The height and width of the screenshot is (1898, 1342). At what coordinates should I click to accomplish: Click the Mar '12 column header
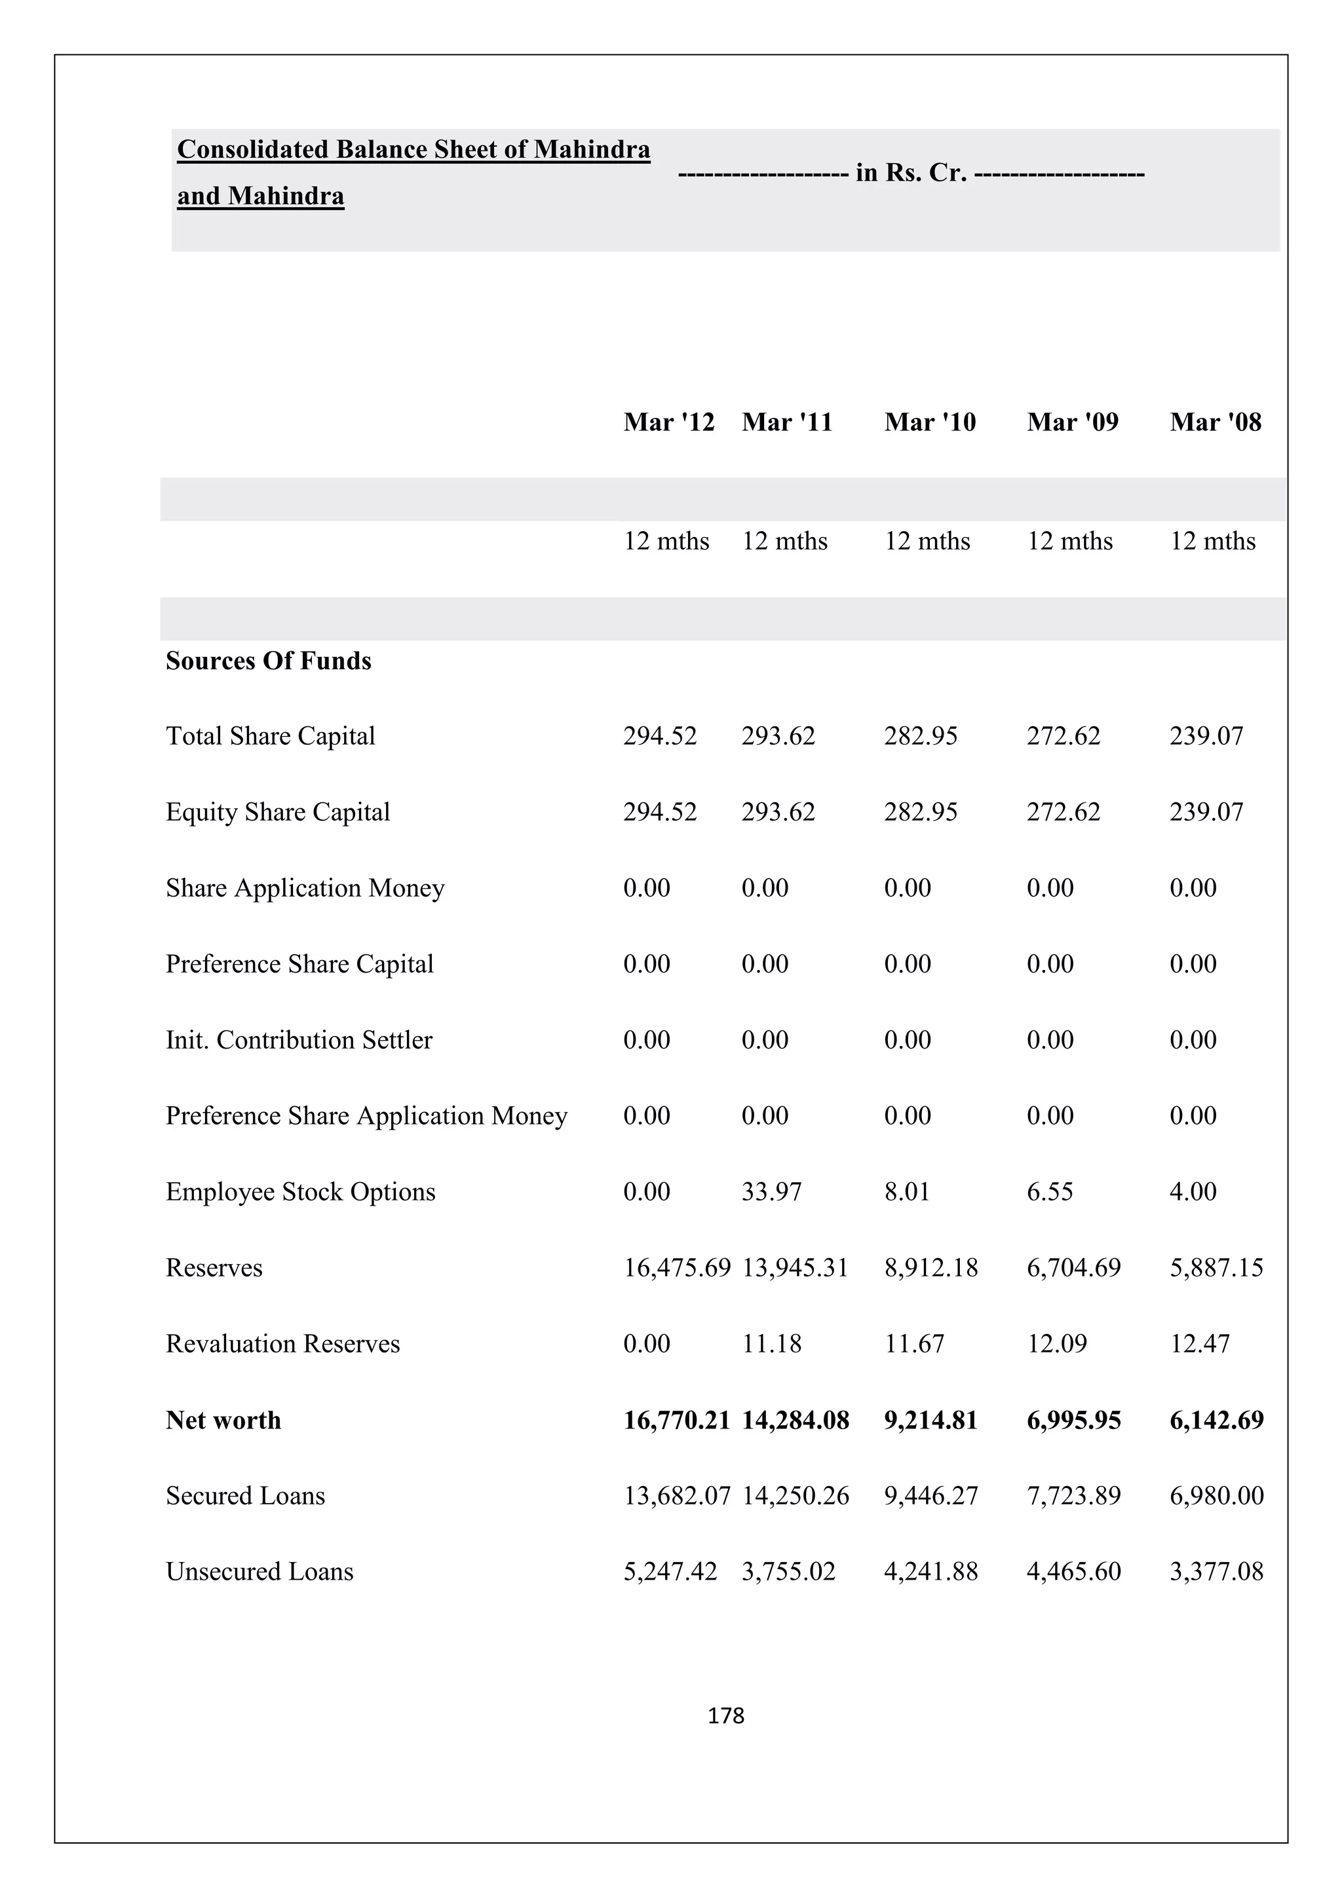tap(668, 422)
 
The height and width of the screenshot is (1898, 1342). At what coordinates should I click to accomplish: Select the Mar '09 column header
tap(1073, 422)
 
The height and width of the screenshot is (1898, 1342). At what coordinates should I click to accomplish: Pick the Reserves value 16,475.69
tap(676, 1268)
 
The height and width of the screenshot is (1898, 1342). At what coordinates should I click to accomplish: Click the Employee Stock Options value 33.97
tap(771, 1192)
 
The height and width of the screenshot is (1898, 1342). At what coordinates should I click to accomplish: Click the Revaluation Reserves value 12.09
tap(1057, 1344)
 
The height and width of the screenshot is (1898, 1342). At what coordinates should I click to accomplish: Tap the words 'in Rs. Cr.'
tap(911, 173)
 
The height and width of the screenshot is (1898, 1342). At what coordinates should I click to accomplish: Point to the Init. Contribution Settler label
tap(299, 1040)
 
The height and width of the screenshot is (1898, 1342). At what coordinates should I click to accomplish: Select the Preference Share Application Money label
tap(366, 1116)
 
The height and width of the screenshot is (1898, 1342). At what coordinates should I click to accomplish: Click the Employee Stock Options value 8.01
tap(906, 1192)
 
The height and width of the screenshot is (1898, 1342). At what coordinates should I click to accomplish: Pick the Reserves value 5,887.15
tap(1216, 1268)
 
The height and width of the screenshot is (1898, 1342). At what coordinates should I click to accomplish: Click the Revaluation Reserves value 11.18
tap(771, 1344)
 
